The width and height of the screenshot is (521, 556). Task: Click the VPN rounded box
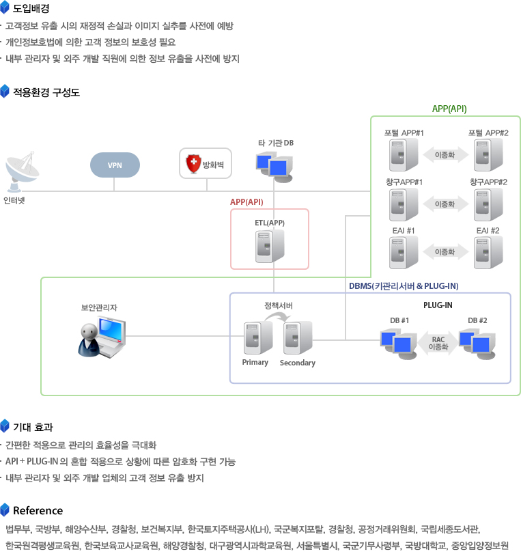[x=115, y=165]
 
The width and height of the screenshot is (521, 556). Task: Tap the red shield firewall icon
[x=193, y=164]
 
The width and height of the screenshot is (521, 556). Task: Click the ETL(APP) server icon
[x=269, y=247]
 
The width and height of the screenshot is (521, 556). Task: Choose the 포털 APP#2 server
[x=488, y=154]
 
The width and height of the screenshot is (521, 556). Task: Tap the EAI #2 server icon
[x=488, y=252]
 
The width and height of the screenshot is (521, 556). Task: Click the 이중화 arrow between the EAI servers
[x=445, y=252]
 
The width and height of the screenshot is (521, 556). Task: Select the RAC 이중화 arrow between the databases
[x=438, y=343]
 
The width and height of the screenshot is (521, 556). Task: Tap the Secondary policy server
[x=297, y=337]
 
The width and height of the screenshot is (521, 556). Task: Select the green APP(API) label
[x=449, y=109]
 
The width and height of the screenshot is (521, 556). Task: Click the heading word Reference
[x=38, y=510]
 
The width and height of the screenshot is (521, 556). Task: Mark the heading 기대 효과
[x=33, y=428]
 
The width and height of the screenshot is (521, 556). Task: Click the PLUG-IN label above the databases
[x=437, y=305]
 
